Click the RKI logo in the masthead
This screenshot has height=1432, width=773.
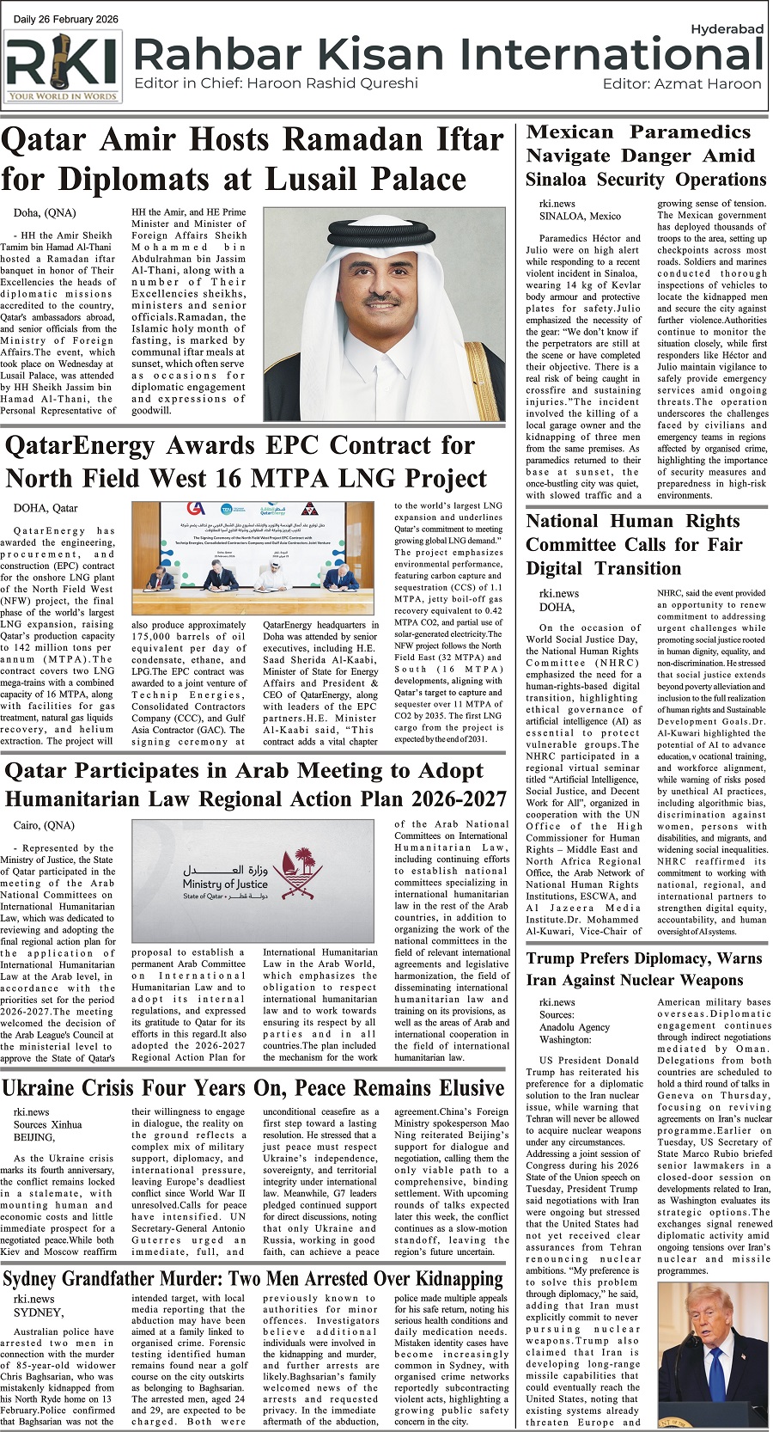point(63,67)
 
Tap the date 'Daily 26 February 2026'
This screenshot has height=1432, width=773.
point(67,20)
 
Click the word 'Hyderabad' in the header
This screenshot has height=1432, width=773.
point(727,29)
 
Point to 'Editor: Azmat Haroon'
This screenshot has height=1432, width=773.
point(682,84)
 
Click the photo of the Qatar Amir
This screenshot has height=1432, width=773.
point(384,315)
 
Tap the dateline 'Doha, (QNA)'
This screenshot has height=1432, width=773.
point(45,213)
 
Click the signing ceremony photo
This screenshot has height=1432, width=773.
point(253,559)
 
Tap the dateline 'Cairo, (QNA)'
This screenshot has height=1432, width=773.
point(45,825)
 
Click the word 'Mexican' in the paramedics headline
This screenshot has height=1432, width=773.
point(569,132)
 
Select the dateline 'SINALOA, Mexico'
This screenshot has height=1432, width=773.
point(580,216)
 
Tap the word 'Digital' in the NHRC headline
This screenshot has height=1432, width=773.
point(556,569)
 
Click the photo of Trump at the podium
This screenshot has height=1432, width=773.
point(712,1356)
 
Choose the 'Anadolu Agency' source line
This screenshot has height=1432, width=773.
point(575,1026)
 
